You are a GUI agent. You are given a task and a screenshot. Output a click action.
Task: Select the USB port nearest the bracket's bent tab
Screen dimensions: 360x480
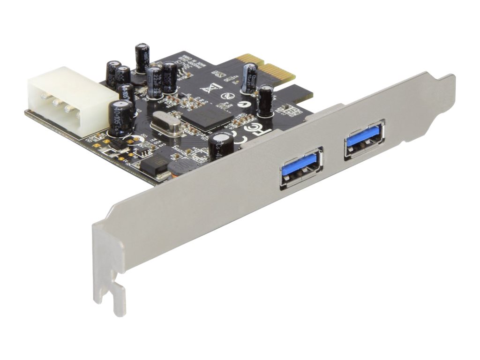click(x=365, y=139)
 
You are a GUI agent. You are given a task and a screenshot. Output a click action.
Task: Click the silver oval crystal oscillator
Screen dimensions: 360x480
click(x=165, y=125)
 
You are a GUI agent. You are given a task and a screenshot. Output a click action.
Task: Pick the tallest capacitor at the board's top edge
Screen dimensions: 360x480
click(x=142, y=58)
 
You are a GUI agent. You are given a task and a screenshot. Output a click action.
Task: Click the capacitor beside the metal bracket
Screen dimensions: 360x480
click(x=221, y=144)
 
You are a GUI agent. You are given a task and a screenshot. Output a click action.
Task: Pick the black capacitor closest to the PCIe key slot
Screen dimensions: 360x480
click(x=266, y=100)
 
